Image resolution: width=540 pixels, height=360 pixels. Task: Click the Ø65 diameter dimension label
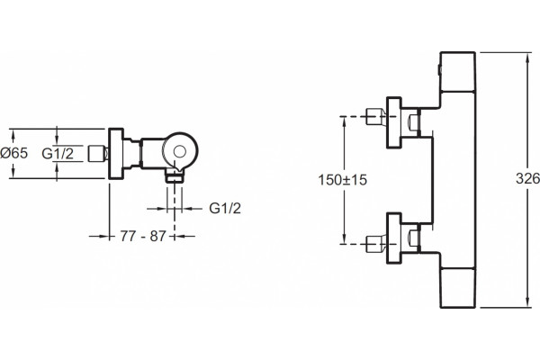pyautogui.click(x=14, y=153)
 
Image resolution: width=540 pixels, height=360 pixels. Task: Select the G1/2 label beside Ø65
pyautogui.click(x=58, y=153)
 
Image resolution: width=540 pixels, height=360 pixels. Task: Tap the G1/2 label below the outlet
pyautogui.click(x=225, y=208)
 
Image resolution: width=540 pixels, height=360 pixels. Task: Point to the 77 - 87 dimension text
pyautogui.click(x=143, y=237)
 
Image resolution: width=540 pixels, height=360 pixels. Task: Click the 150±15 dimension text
pyautogui.click(x=343, y=180)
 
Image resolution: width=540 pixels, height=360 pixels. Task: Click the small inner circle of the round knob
pyautogui.click(x=179, y=151)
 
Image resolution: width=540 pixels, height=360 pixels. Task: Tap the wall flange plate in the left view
pyautogui.click(x=116, y=154)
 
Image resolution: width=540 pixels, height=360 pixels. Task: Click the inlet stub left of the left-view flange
pyautogui.click(x=98, y=154)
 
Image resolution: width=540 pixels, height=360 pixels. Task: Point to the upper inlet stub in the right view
pyautogui.click(x=376, y=116)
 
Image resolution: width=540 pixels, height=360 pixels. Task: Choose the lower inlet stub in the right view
pyautogui.click(x=376, y=244)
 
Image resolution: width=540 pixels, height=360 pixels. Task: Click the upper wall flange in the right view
pyautogui.click(x=393, y=122)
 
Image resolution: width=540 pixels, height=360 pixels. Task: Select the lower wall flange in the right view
pyautogui.click(x=393, y=238)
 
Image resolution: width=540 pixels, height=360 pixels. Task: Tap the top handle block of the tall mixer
pyautogui.click(x=458, y=72)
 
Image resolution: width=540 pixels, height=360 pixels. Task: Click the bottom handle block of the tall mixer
pyautogui.click(x=458, y=288)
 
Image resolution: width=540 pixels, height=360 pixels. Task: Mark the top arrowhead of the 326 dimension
pyautogui.click(x=527, y=56)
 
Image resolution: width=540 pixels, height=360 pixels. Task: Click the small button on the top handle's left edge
pyautogui.click(x=439, y=69)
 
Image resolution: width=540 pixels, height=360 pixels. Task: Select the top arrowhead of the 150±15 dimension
pyautogui.click(x=344, y=120)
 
